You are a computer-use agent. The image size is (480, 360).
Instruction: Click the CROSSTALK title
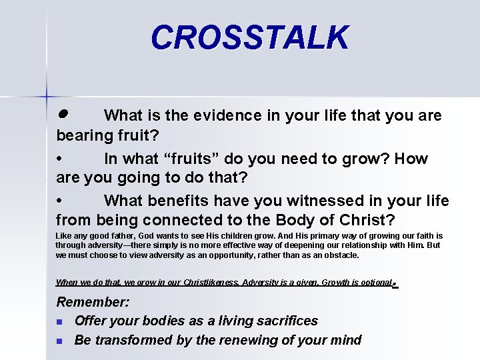249,37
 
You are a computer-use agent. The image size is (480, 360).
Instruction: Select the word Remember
92,302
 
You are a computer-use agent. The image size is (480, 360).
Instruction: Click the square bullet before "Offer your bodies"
59,322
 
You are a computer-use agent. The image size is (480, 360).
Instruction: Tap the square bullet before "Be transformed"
59,341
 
